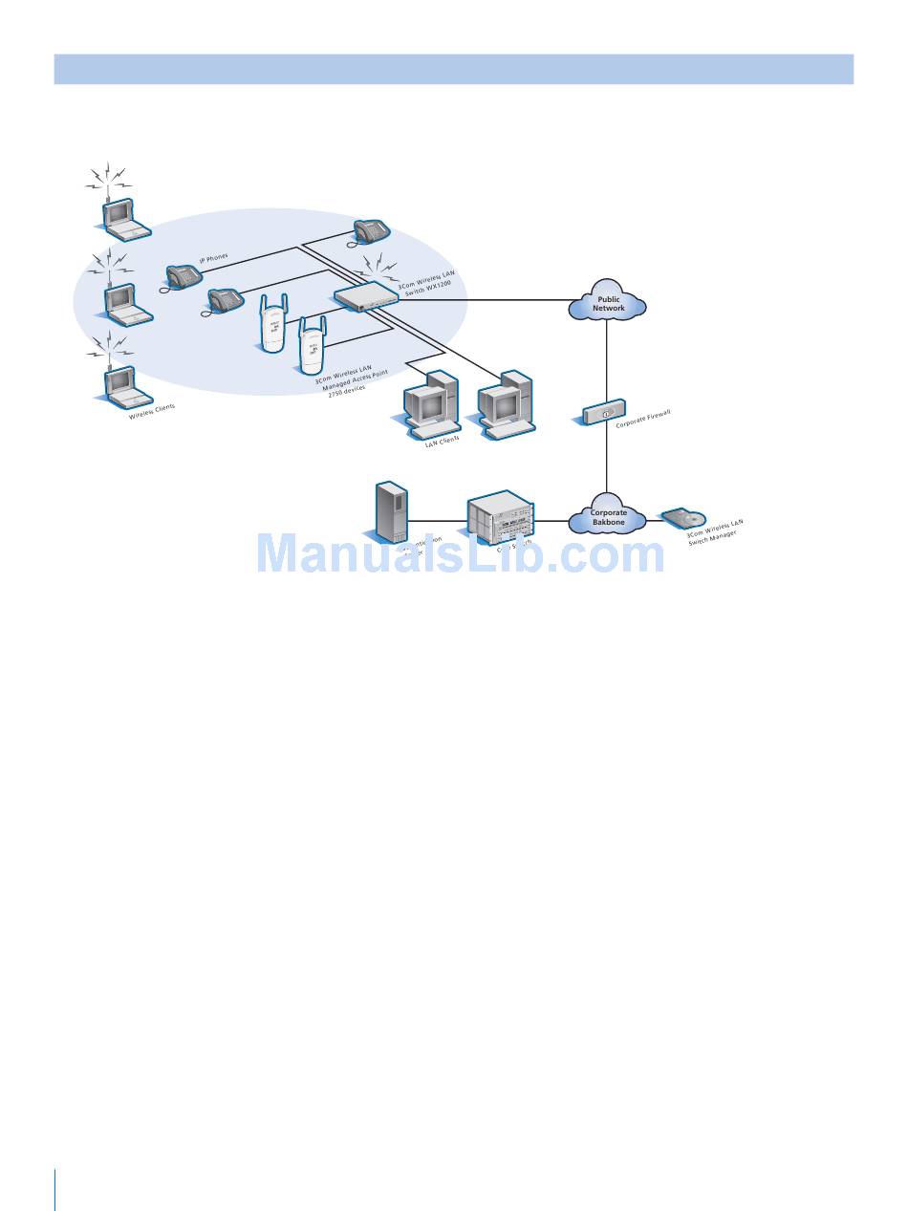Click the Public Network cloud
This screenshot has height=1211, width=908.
(608, 303)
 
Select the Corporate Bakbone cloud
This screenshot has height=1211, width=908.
(608, 518)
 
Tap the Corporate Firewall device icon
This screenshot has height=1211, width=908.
(604, 414)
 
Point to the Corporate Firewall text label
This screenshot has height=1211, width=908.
(643, 418)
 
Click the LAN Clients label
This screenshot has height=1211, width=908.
(442, 440)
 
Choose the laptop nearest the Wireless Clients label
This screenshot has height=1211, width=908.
(125, 385)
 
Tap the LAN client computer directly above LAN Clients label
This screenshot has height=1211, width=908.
(430, 401)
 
